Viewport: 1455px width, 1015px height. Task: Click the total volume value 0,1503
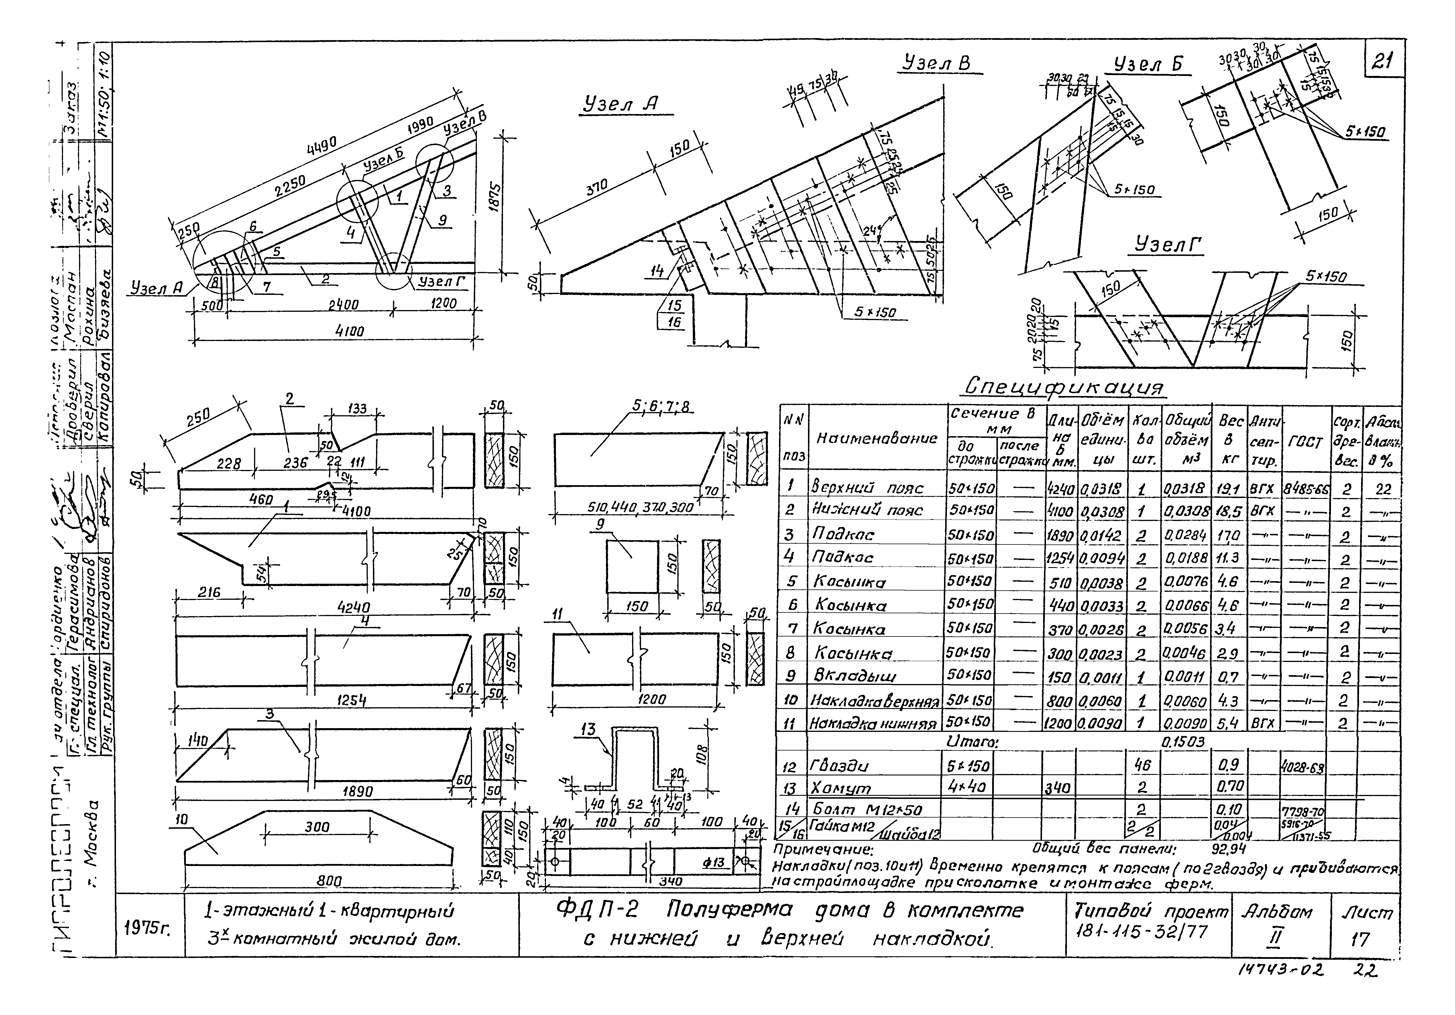click(x=1183, y=741)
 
